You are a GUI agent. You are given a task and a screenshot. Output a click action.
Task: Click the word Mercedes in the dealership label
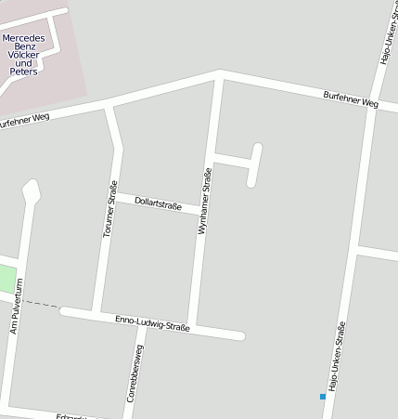[x=24, y=38]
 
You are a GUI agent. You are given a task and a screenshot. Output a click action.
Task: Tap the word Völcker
[x=24, y=55]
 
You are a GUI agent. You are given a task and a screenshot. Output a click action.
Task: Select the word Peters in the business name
[x=24, y=72]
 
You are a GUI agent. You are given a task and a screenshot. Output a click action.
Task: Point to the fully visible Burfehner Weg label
[x=351, y=98]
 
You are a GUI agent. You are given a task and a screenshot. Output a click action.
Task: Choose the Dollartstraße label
[x=158, y=203]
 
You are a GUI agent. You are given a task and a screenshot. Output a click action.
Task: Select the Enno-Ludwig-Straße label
[x=152, y=323]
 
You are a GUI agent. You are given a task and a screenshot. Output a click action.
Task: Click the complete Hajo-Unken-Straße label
[x=337, y=354]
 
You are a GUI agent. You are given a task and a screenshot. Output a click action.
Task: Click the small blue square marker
[x=323, y=397]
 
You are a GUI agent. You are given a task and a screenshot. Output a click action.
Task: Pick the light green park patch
[x=7, y=278]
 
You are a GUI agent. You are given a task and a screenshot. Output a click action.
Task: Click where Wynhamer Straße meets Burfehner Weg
[x=219, y=73]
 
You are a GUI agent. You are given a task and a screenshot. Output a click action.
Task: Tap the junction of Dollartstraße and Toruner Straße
[x=116, y=195]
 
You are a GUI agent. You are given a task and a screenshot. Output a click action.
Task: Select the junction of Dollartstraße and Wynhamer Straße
[x=201, y=211]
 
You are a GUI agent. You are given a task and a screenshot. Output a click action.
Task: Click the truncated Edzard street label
[x=72, y=415]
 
